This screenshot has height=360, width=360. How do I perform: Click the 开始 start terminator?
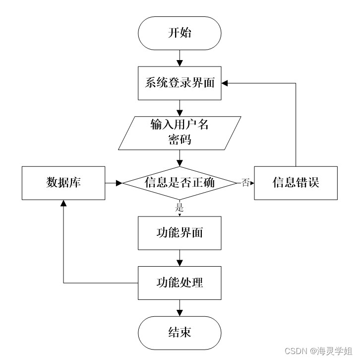[x=180, y=34]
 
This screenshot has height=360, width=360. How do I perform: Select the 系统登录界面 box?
[x=180, y=83]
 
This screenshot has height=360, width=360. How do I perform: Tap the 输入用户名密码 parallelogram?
[x=180, y=133]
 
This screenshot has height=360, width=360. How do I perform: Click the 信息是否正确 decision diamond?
[x=180, y=183]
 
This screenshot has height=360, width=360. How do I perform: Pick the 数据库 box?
[x=63, y=183]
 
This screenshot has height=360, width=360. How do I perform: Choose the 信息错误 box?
[x=296, y=183]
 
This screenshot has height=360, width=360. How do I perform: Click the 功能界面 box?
[x=180, y=233]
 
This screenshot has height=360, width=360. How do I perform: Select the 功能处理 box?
[x=180, y=283]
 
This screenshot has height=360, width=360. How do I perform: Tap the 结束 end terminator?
[x=180, y=332]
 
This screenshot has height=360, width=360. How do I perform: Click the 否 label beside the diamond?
[x=245, y=183]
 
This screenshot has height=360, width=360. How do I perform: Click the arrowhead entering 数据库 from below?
[x=63, y=203]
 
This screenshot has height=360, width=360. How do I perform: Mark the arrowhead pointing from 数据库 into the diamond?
[x=119, y=183]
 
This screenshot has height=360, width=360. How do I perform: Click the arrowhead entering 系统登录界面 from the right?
[x=225, y=83]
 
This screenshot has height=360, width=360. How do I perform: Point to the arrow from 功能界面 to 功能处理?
[x=180, y=258]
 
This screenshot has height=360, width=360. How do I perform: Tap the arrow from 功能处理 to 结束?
[x=180, y=308]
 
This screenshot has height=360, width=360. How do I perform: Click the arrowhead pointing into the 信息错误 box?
[x=251, y=183]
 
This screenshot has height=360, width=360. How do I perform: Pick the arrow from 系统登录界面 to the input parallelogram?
[x=180, y=108]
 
